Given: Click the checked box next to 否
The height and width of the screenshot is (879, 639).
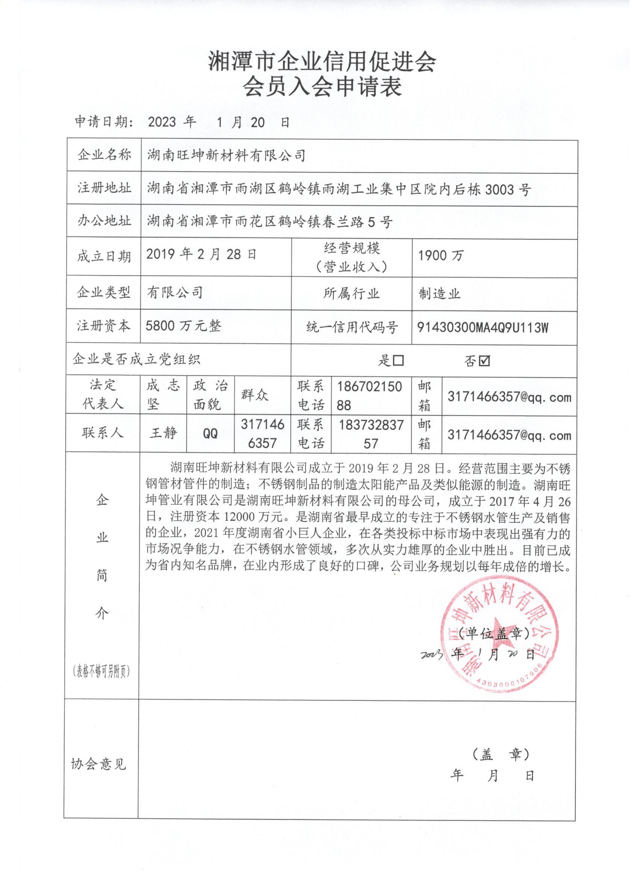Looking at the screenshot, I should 485,361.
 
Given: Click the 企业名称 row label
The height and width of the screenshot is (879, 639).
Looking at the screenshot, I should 104,155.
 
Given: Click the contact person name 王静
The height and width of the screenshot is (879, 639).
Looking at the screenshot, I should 163,432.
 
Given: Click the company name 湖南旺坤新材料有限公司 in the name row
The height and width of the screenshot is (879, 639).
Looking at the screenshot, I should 226,156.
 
